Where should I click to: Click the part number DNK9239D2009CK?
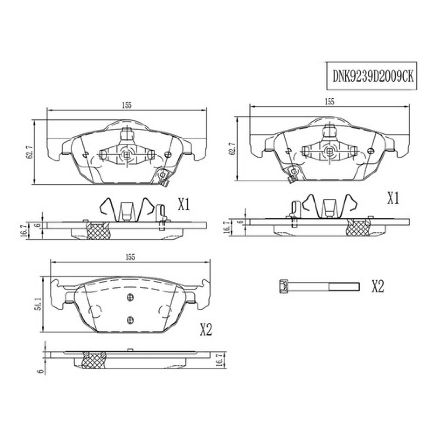pyautogui.click(x=373, y=76)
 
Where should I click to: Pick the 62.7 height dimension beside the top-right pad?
pyautogui.click(x=233, y=149)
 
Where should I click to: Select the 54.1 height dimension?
pyautogui.click(x=39, y=304)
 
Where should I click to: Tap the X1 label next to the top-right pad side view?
pyautogui.click(x=393, y=199)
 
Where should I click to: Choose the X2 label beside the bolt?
pyautogui.click(x=378, y=287)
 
